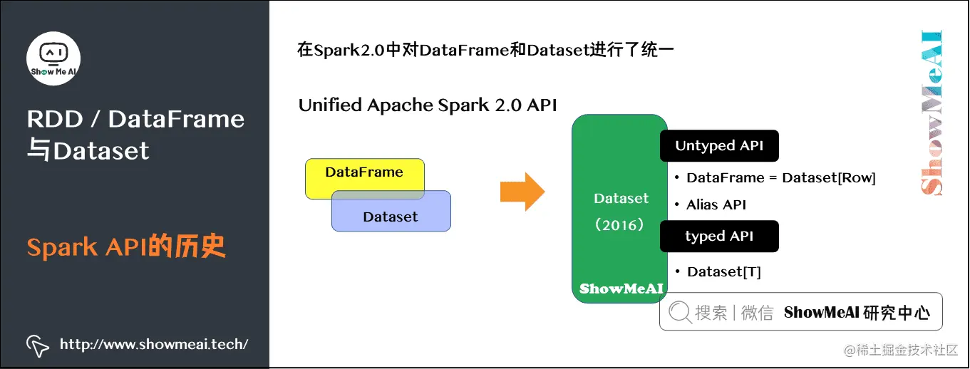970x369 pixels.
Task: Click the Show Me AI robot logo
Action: point(53,58)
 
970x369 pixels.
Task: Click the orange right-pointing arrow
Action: point(522,192)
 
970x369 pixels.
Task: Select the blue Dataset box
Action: point(391,216)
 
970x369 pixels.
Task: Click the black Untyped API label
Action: point(719,146)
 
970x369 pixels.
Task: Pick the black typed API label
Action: point(719,237)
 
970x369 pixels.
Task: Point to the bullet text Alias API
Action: point(716,205)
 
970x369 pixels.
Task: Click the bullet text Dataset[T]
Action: point(723,272)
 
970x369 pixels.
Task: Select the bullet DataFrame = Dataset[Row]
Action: point(780,178)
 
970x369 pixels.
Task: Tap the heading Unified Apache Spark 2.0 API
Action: point(428,105)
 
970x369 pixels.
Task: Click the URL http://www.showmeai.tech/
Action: point(154,345)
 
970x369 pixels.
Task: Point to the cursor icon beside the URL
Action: point(37,345)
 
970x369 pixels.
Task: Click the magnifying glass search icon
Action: point(680,312)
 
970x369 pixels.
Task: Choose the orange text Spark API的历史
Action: point(126,247)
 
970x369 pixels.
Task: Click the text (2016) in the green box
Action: point(620,225)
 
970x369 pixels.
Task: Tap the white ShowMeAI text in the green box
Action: point(621,289)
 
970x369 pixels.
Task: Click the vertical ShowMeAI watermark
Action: point(931,113)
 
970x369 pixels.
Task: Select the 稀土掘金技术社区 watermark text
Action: point(901,350)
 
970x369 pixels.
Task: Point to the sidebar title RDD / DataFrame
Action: point(135,119)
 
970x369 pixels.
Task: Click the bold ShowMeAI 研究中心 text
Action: point(857,313)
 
